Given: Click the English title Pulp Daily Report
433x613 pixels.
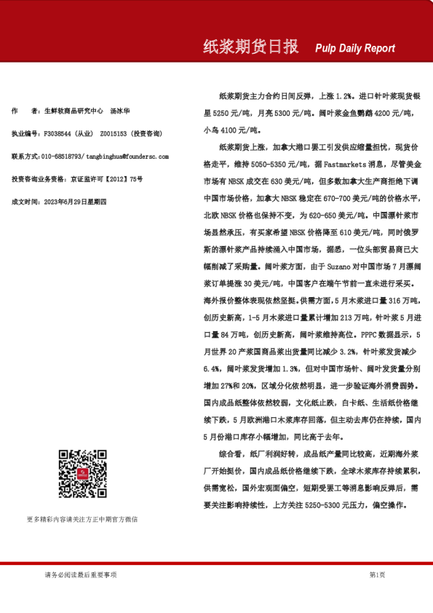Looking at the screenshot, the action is pyautogui.click(x=355, y=48).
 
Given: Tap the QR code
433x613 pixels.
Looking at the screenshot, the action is pyautogui.click(x=83, y=474).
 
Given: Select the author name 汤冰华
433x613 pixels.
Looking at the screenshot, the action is pyautogui.click(x=120, y=111).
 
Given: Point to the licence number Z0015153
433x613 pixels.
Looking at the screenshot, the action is pyautogui.click(x=112, y=134).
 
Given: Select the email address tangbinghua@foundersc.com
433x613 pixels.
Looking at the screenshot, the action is pyautogui.click(x=127, y=157).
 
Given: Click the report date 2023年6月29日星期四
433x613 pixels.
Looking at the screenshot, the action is pyautogui.click(x=76, y=201).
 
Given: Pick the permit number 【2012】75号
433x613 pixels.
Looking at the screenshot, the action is pyautogui.click(x=125, y=178).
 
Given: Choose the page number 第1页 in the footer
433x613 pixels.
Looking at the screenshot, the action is pyautogui.click(x=377, y=575).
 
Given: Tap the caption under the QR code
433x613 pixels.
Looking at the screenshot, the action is pyautogui.click(x=82, y=519).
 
